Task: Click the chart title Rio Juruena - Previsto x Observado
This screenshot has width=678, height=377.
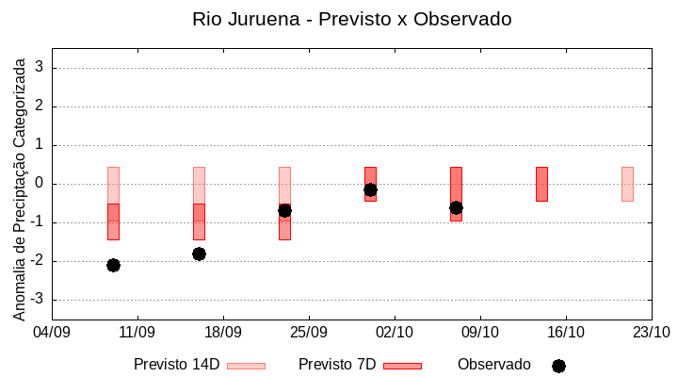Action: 351,19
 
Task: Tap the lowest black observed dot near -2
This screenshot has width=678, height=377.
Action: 113,265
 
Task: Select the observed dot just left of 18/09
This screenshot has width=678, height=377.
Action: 199,254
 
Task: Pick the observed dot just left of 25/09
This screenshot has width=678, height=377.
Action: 284,210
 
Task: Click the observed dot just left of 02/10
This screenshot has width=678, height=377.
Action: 370,189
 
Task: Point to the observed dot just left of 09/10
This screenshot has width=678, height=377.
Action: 456,207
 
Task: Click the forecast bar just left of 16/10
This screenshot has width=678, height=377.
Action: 541,184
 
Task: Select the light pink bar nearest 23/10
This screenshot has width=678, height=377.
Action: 627,184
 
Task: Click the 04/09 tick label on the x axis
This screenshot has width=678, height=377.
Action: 52,332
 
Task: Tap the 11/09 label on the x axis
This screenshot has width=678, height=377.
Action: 137,332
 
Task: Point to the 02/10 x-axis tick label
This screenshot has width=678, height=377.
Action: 395,332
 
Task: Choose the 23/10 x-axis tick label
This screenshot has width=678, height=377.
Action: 651,332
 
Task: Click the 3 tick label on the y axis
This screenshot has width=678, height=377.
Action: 40,68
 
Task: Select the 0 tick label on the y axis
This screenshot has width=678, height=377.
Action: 40,184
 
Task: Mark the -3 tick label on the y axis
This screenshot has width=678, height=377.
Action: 37,300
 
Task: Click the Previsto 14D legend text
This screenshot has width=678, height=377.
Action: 176,365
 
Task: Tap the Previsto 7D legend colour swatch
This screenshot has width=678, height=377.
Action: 402,366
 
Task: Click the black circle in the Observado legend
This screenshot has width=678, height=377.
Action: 558,366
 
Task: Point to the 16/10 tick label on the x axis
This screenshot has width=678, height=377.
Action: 566,332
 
